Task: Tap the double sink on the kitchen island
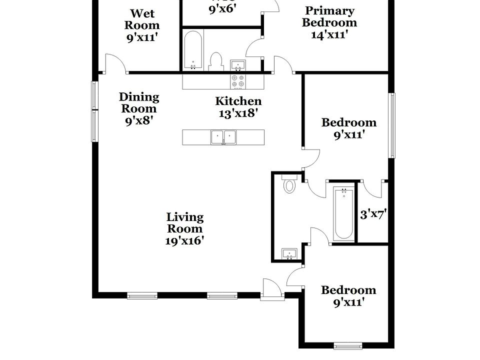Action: tap(223, 137)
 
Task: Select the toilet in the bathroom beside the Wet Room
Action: tap(215, 61)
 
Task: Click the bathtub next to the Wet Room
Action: tap(193, 50)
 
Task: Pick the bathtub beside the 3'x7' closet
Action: tap(343, 213)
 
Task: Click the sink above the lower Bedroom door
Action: tap(289, 254)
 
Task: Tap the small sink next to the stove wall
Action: tap(237, 65)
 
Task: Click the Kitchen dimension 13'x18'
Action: tap(238, 113)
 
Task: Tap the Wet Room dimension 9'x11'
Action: tap(142, 37)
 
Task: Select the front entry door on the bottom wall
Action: tap(272, 290)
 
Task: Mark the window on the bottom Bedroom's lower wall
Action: tap(347, 345)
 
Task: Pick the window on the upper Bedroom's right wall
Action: tap(392, 125)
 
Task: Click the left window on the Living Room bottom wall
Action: tap(142, 296)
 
